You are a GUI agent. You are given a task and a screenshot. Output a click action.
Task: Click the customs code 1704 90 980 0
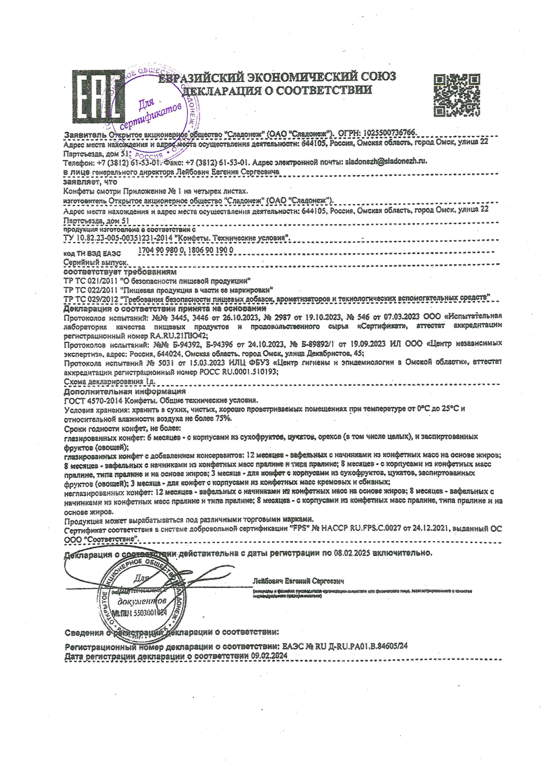point(160,250)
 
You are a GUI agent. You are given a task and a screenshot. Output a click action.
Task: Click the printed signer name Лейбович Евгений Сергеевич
point(298,581)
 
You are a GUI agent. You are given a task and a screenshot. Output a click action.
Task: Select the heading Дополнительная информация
point(125,392)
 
